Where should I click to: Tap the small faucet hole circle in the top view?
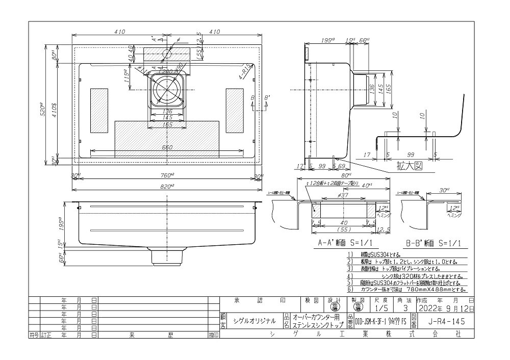click(x=167, y=53)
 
